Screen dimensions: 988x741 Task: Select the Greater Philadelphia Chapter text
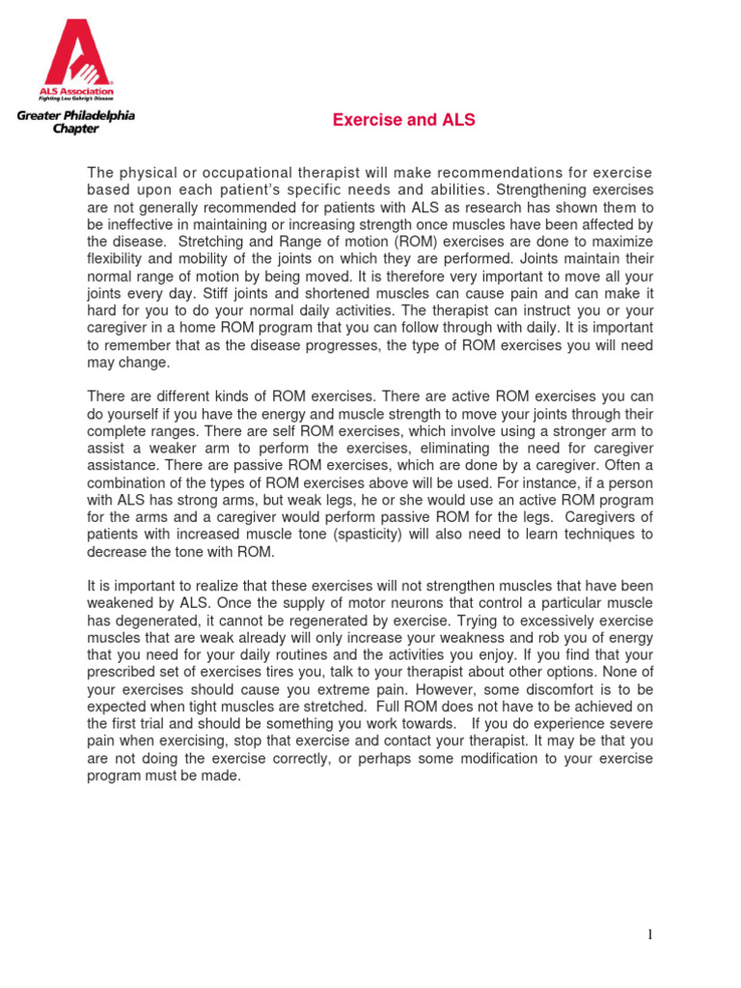[x=74, y=123]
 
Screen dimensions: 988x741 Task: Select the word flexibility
[x=115, y=259]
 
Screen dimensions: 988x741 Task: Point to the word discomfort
[x=523, y=690]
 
